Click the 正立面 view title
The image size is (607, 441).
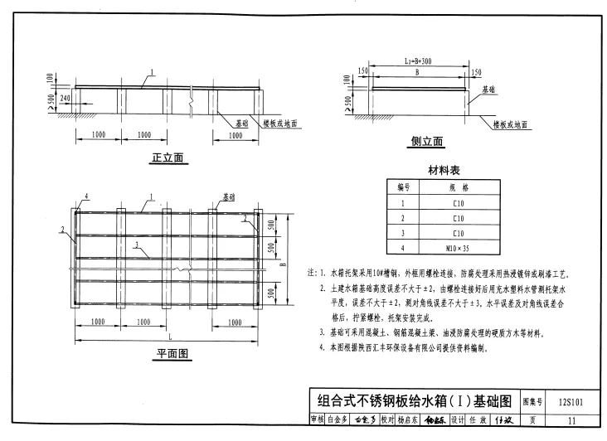[168, 157]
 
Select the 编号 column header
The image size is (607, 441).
[404, 187]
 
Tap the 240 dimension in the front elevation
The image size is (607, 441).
[66, 98]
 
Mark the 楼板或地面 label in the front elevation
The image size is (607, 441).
[281, 123]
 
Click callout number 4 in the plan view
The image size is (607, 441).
[86, 196]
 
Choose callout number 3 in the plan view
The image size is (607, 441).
[135, 245]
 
